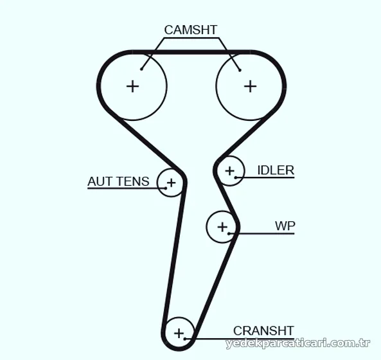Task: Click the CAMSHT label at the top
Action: [x=190, y=30]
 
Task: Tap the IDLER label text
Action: [x=276, y=170]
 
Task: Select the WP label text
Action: [x=285, y=226]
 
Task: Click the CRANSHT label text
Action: [x=263, y=330]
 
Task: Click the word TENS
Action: [x=132, y=181]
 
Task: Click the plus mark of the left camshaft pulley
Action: [x=132, y=86]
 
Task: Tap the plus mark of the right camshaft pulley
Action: [x=251, y=86]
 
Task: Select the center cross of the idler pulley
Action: [x=229, y=171]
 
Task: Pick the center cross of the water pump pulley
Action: [x=222, y=227]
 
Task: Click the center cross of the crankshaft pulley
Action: [x=179, y=333]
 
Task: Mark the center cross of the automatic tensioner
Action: [x=172, y=183]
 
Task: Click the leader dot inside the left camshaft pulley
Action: [x=141, y=69]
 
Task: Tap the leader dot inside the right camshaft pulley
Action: [x=240, y=70]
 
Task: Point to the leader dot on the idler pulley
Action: [x=235, y=177]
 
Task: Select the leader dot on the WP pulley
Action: [x=229, y=233]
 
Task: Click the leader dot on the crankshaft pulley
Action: [x=185, y=339]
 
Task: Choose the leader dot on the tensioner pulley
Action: [x=166, y=188]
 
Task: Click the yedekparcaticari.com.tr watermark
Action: [x=298, y=343]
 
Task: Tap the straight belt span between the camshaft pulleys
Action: [x=191, y=52]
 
